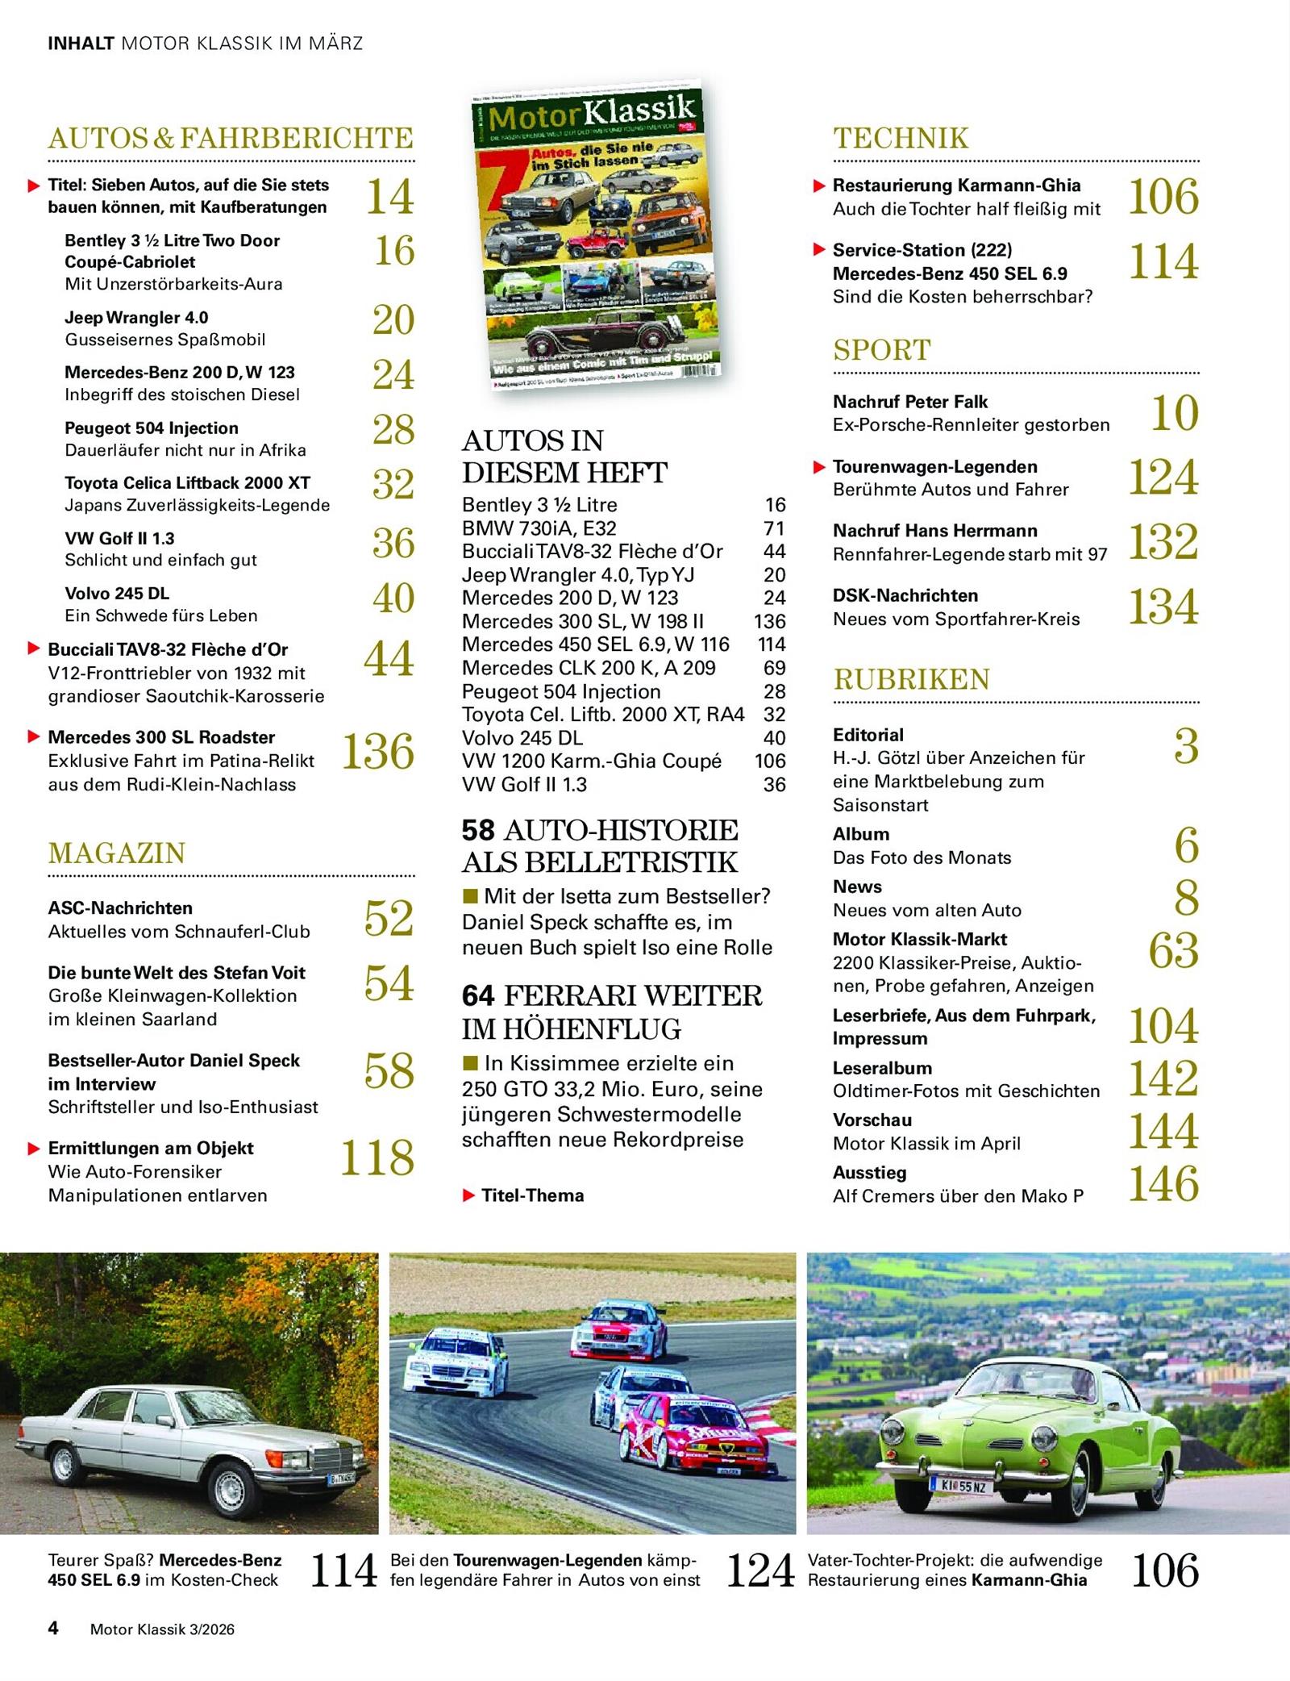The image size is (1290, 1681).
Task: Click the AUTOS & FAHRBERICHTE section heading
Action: pos(231,138)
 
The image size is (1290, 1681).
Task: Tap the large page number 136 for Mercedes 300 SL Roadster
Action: pos(377,752)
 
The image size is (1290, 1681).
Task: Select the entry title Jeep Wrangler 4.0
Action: pos(136,318)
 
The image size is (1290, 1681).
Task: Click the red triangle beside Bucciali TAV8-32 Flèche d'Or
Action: pos(34,649)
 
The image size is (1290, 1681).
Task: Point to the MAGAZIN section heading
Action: pos(117,853)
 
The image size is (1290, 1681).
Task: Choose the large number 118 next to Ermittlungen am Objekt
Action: pos(377,1158)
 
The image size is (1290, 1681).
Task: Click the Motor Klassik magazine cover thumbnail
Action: pos(596,234)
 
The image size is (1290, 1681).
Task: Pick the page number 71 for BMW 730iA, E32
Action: pos(774,528)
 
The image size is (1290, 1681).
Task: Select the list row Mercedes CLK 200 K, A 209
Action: pos(589,668)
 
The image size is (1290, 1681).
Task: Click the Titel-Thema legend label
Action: pos(532,1195)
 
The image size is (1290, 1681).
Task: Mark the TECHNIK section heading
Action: pos(901,138)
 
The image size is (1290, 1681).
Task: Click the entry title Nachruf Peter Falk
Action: pos(909,402)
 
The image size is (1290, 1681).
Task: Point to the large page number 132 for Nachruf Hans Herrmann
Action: pos(1163,542)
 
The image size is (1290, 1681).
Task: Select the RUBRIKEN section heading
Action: pos(911,679)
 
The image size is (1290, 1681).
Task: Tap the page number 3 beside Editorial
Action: pos(1186,747)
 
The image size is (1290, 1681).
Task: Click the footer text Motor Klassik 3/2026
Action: pos(162,1629)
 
